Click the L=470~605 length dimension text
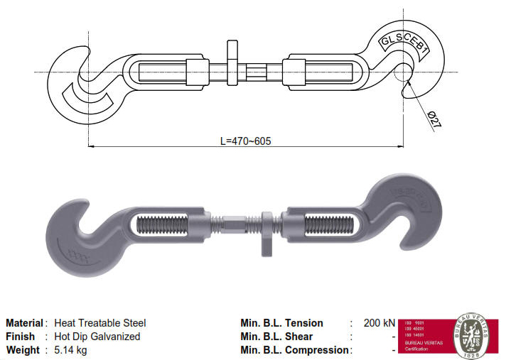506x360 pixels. pyautogui.click(x=246, y=141)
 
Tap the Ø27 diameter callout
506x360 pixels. pyautogui.click(x=434, y=120)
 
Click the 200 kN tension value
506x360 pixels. pyautogui.click(x=379, y=323)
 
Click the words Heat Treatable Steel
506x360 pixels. pyautogui.click(x=100, y=323)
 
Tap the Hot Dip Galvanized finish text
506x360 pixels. pyautogui.click(x=97, y=337)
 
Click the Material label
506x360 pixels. pyautogui.click(x=24, y=323)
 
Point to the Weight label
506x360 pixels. pyautogui.click(x=22, y=350)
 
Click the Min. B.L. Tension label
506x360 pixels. pyautogui.click(x=281, y=323)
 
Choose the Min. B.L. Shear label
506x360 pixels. pyautogui.click(x=276, y=337)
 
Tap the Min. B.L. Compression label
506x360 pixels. pyautogui.click(x=295, y=350)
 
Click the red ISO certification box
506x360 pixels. pyautogui.click(x=424, y=333)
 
